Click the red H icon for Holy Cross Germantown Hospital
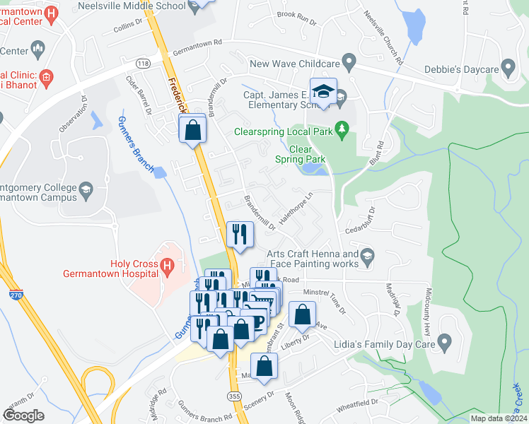pos(167,266)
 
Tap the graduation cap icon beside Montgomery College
pos(86,189)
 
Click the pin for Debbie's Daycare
pos(507,68)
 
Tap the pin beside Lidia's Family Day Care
pos(444,343)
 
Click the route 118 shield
pos(144,63)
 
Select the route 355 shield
pos(234,398)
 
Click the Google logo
pos(23,415)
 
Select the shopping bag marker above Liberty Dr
pos(302,316)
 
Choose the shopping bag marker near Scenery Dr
pos(264,367)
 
